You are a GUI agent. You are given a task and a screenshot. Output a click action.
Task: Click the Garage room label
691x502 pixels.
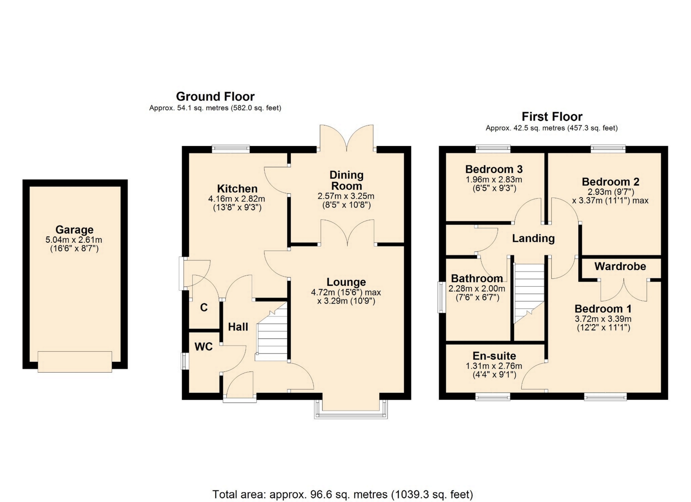point(74,229)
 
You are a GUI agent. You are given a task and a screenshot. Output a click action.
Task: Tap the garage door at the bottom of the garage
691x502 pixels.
point(75,362)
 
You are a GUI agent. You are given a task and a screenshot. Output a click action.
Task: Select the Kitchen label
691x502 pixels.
point(237,189)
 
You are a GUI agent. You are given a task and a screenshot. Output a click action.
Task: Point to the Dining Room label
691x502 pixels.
point(347,181)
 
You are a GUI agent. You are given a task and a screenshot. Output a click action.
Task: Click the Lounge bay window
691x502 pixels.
point(351,410)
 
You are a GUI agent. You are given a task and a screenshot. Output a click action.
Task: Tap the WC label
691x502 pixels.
point(204,347)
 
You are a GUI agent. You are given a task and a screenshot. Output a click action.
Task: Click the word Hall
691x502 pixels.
point(238,327)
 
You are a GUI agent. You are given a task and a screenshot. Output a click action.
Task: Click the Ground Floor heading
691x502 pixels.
point(215,96)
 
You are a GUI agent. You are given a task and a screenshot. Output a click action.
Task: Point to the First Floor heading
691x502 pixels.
point(552,117)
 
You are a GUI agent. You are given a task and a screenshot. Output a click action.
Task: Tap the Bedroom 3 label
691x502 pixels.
point(494,169)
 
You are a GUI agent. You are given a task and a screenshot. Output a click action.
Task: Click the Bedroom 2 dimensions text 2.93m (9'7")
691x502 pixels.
point(611,192)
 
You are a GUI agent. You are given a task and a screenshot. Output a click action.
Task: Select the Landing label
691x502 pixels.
point(533,238)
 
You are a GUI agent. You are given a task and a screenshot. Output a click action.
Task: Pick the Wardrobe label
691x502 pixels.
point(620,266)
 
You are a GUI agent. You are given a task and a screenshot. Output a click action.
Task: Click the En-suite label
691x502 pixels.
point(494,356)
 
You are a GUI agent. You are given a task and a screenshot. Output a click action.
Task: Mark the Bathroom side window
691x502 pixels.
point(441,297)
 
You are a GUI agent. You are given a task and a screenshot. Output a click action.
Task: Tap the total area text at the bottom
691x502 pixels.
point(343,494)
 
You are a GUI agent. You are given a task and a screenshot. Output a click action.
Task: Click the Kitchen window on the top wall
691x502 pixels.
point(231,149)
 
